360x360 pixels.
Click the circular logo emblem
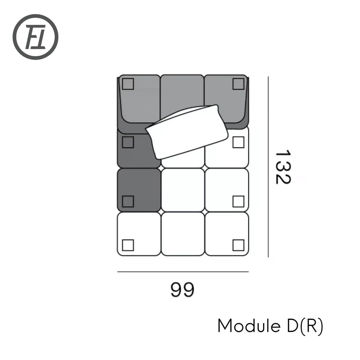35,37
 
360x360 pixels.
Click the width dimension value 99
182,290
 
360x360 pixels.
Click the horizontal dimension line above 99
183,272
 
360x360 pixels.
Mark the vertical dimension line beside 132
268,167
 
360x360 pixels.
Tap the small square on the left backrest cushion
128,84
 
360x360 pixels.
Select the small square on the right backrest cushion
238,84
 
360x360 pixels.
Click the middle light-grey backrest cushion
182,92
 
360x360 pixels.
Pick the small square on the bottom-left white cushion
128,245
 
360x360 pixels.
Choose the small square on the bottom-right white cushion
238,245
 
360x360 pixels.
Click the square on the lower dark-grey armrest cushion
128,201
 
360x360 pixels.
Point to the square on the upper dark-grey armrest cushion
128,142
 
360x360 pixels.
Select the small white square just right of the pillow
238,142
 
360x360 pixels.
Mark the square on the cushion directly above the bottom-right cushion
238,201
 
